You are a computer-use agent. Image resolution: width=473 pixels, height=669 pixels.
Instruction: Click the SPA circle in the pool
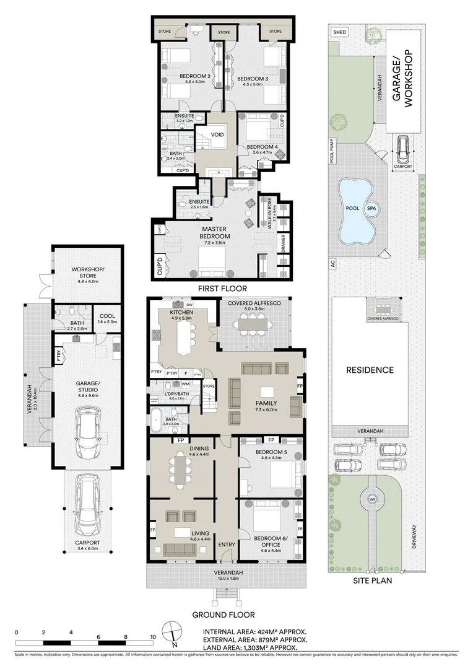tap(372, 209)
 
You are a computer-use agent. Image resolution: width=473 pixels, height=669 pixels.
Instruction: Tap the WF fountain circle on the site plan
tap(372, 499)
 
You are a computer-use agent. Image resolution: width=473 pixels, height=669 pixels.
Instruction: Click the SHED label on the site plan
tap(340, 32)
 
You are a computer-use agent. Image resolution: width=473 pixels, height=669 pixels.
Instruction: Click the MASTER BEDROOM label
tap(215, 232)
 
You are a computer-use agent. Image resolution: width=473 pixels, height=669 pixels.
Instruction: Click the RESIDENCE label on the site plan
tap(370, 370)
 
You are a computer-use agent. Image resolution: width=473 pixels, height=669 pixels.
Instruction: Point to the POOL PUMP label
tap(332, 150)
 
